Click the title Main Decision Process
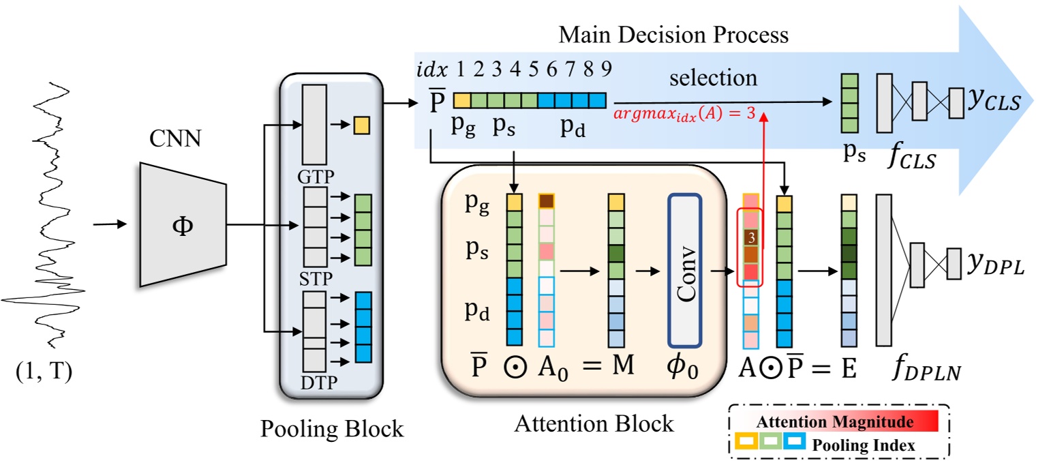tap(674, 35)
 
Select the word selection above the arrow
tap(713, 78)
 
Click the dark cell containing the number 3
tap(750, 238)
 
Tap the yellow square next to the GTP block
tap(361, 125)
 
